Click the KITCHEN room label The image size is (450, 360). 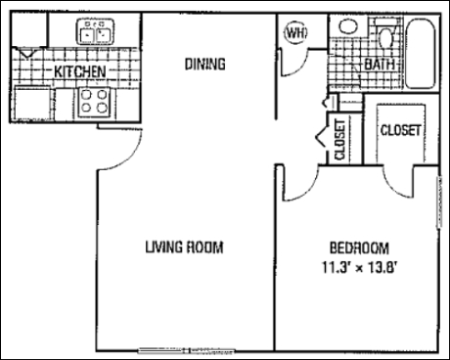pyautogui.click(x=80, y=71)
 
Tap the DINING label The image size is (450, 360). pyautogui.click(x=205, y=64)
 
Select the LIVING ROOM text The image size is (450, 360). pyautogui.click(x=184, y=247)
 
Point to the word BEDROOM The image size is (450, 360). pyautogui.click(x=359, y=247)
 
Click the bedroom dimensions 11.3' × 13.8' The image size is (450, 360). pyautogui.click(x=359, y=267)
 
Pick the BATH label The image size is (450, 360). pyautogui.click(x=380, y=65)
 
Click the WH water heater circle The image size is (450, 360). pyautogui.click(x=296, y=32)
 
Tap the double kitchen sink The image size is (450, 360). pyautogui.click(x=96, y=31)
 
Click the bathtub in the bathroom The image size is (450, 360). pyautogui.click(x=421, y=53)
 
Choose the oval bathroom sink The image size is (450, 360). pyautogui.click(x=348, y=26)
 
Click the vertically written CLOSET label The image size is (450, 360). pyautogui.click(x=340, y=139)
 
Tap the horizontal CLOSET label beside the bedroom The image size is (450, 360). pyautogui.click(x=400, y=130)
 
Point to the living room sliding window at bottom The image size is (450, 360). pyautogui.click(x=186, y=351)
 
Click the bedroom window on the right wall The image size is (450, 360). pyautogui.click(x=439, y=202)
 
